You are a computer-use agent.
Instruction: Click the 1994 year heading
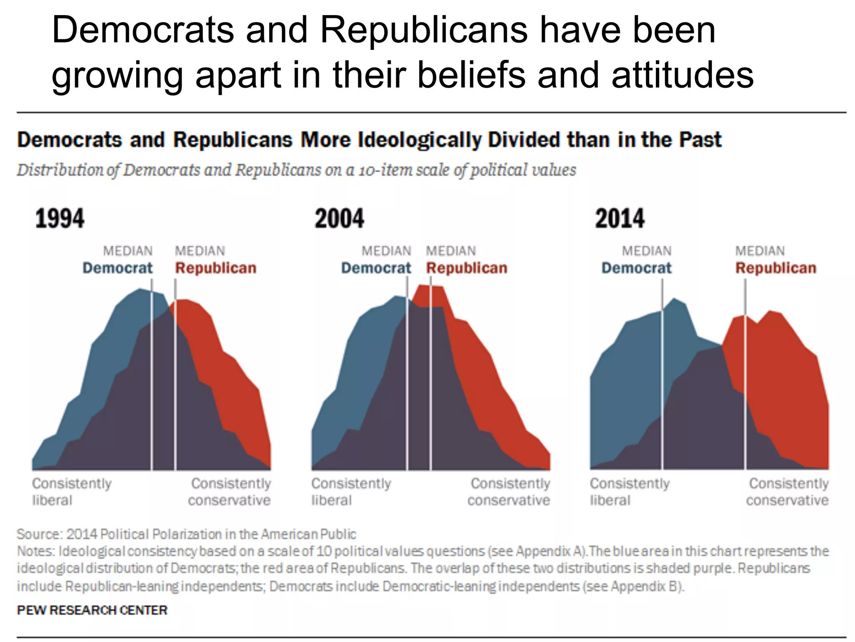(60, 219)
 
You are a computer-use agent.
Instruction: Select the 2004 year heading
(339, 219)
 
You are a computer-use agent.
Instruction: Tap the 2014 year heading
(620, 219)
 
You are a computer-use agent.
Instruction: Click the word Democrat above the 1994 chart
(117, 268)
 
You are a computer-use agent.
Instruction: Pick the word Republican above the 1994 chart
(215, 268)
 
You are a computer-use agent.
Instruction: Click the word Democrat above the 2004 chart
(376, 268)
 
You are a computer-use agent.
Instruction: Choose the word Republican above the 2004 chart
(466, 268)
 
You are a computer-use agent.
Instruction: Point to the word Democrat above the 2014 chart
(636, 268)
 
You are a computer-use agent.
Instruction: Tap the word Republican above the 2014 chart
(775, 268)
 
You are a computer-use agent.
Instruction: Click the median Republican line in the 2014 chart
(745, 376)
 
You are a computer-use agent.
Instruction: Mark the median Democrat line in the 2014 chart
(662, 376)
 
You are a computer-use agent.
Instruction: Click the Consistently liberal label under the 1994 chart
(71, 492)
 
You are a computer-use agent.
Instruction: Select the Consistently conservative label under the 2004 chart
(509, 492)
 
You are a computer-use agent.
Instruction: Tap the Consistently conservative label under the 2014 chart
(788, 492)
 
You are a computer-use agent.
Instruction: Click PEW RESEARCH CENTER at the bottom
(92, 610)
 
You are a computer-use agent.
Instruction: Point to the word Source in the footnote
(38, 534)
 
